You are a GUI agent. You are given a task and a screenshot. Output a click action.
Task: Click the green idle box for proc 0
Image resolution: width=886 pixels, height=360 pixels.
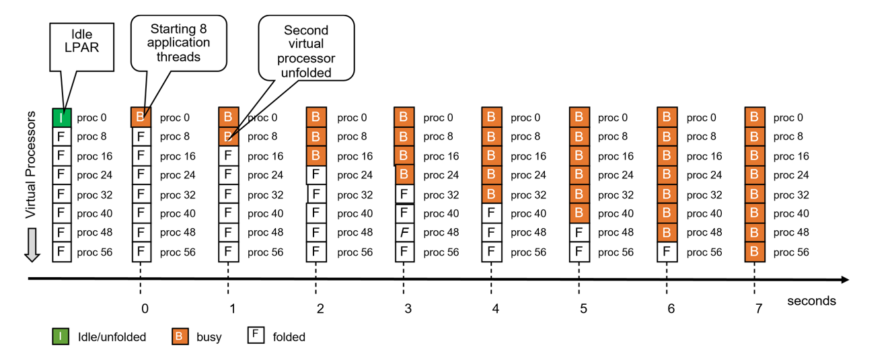61,118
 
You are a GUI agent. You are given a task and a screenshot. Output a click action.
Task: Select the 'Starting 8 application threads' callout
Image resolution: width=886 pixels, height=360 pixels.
180,42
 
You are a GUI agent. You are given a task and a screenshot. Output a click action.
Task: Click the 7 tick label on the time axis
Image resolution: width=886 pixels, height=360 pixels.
758,309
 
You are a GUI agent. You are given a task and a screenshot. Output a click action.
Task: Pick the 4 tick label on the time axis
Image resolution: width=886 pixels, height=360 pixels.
495,309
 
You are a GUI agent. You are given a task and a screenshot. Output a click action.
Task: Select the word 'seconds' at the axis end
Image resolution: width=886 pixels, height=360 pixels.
811,301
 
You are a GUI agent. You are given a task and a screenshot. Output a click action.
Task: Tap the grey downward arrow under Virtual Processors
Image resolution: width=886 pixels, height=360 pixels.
32,245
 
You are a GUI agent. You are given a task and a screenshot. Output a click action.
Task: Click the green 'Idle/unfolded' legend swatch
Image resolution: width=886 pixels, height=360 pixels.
61,336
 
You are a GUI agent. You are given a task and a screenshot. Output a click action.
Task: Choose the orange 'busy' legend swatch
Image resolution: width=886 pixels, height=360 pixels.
180,336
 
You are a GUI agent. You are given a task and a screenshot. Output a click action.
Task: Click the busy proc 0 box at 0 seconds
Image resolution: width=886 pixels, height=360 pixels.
141,117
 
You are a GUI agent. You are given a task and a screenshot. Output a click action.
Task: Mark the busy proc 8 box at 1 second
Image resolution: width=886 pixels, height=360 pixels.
228,137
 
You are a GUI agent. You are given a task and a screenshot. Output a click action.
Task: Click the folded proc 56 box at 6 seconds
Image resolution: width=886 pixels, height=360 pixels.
667,252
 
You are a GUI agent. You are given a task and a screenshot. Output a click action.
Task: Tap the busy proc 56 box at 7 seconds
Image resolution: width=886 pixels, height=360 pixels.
754,252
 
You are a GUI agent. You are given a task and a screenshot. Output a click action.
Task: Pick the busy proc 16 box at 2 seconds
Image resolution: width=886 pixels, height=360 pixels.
316,156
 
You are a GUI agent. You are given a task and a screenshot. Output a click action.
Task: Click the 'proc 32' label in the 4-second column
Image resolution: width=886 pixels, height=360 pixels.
525,195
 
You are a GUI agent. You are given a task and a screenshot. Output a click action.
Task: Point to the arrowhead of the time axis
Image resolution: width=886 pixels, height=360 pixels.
844,279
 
